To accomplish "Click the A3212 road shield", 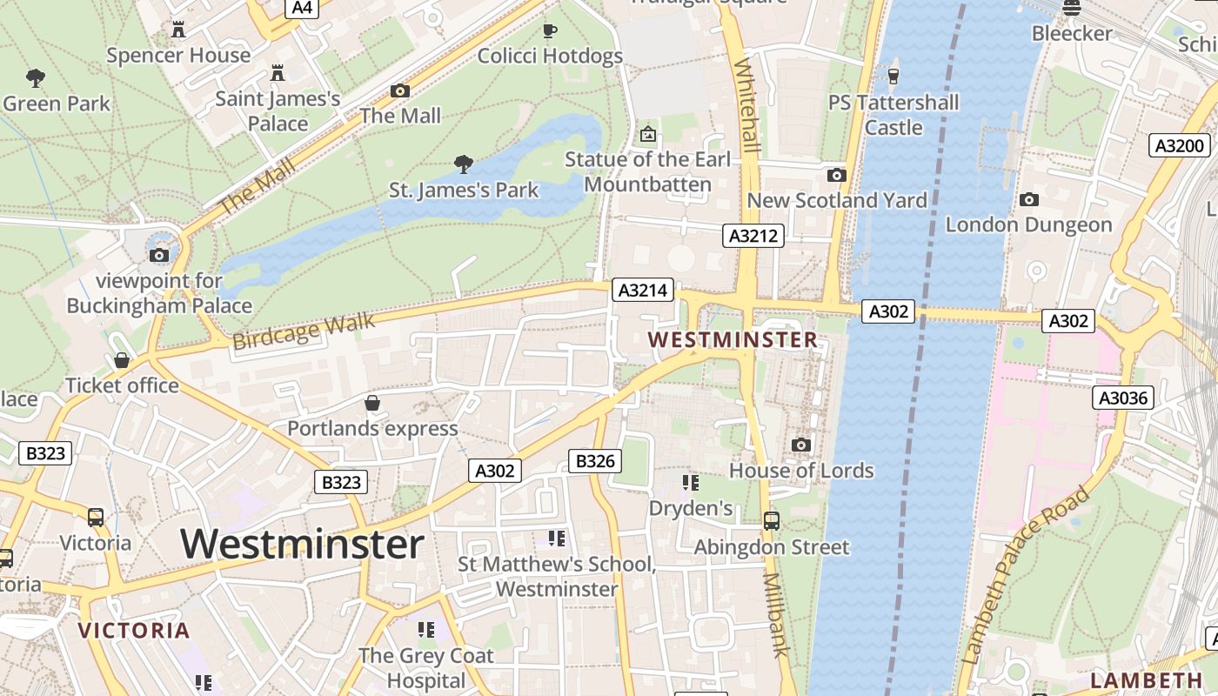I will click(753, 235).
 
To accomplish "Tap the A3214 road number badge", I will click(644, 290).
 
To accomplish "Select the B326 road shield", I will click(595, 461).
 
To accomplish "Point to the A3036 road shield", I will click(1123, 398).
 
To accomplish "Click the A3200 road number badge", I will click(1179, 145).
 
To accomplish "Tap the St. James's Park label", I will click(464, 190).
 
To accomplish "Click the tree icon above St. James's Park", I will click(464, 164).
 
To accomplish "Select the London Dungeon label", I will click(1028, 224).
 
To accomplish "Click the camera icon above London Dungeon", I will click(1029, 200).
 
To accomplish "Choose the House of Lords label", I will click(801, 471).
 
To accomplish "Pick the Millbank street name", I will click(776, 614).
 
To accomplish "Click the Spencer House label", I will click(178, 56).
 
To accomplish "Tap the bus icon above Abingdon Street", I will click(772, 521).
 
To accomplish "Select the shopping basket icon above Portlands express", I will click(372, 403).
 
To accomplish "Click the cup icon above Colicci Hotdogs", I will click(550, 31).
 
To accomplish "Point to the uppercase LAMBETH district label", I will click(1147, 680).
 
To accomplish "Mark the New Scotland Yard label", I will click(837, 200).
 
